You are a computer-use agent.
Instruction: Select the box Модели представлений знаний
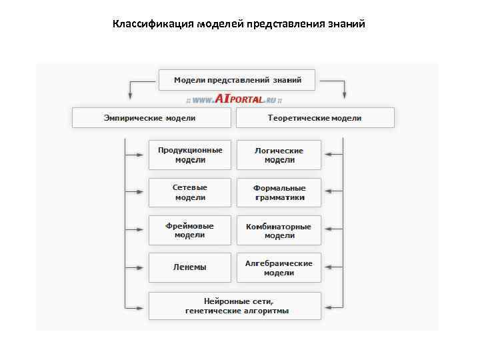(237, 80)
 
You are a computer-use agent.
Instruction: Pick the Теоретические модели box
(315, 118)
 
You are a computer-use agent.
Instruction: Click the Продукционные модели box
(190, 155)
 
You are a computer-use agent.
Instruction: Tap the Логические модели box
(279, 155)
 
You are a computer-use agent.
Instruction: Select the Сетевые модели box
(190, 193)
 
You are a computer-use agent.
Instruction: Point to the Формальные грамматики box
(279, 193)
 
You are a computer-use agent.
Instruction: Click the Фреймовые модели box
(190, 230)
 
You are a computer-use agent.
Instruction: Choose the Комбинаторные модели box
(279, 230)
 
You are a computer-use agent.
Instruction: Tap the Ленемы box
(190, 267)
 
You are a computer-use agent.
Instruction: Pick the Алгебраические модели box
(279, 267)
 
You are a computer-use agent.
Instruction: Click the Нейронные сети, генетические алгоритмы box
(235, 305)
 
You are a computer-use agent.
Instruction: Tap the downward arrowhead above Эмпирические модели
(131, 95)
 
